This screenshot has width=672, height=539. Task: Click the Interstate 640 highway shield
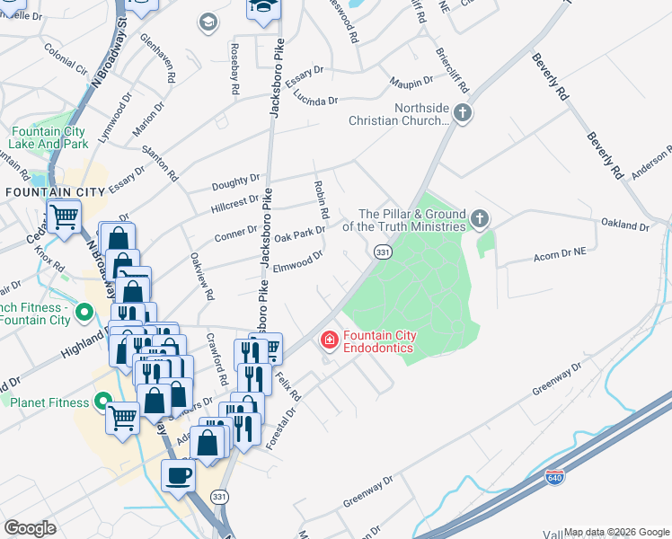(x=556, y=479)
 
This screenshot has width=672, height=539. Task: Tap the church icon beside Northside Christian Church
(x=463, y=114)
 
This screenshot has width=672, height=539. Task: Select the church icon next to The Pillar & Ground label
(x=481, y=219)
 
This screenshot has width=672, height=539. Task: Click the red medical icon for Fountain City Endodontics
(x=329, y=340)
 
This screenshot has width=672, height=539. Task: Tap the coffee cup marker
(x=177, y=475)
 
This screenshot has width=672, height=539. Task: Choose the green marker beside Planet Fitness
(x=102, y=402)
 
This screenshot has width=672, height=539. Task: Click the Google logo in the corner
(x=30, y=527)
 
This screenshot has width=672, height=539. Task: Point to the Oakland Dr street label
(x=624, y=225)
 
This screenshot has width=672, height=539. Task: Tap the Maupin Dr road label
(x=412, y=84)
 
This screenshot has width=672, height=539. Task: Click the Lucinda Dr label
(x=314, y=102)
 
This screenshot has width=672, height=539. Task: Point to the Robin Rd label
(x=319, y=199)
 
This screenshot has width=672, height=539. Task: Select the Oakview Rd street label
(x=201, y=276)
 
